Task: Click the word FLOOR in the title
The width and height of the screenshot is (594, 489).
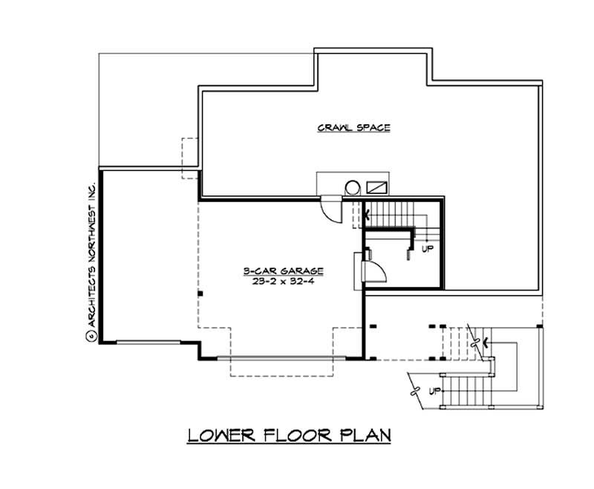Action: (x=294, y=435)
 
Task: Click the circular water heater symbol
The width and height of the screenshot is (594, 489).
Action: (x=353, y=187)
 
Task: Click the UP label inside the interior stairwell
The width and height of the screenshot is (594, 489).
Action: (x=427, y=249)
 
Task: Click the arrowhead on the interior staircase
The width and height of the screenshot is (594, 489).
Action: (x=368, y=216)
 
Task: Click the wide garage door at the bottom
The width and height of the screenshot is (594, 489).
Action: (x=281, y=359)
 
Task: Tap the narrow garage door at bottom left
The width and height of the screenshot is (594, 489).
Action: (x=148, y=342)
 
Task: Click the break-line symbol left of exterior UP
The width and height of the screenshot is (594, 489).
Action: (x=417, y=390)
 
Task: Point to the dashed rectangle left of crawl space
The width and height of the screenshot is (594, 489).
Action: (x=190, y=158)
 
